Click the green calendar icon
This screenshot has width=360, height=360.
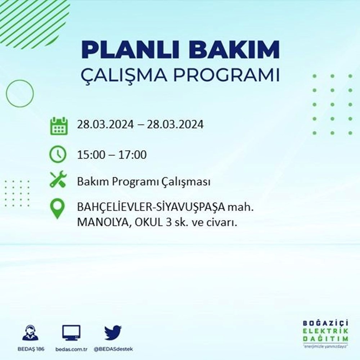[x=58, y=125]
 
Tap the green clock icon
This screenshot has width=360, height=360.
[x=58, y=155]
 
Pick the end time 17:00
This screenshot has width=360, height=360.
[x=134, y=155]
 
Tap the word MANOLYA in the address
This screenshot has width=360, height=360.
[x=100, y=223]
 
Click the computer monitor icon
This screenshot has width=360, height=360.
[x=71, y=333]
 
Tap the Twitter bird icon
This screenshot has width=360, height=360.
[x=113, y=333]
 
